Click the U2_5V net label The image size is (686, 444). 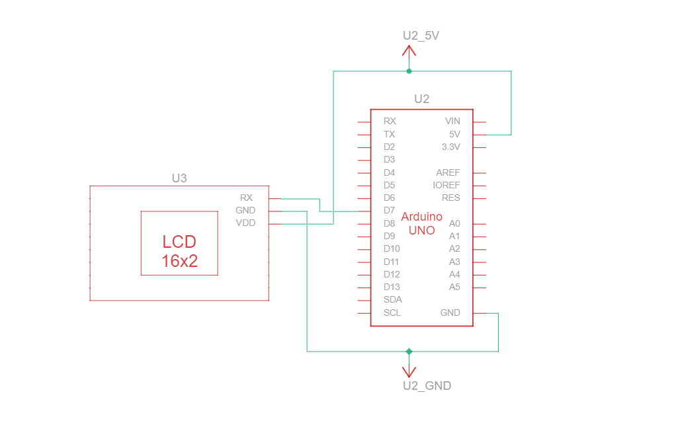tap(421, 36)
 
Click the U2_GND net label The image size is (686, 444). tap(427, 386)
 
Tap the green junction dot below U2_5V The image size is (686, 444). tap(409, 71)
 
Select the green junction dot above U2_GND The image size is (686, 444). tap(409, 351)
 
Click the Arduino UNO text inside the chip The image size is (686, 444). tap(421, 223)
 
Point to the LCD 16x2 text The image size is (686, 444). tap(179, 251)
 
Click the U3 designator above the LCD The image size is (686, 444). tap(179, 178)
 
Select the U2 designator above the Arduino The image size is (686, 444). tap(421, 99)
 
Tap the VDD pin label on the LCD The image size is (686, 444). tap(245, 223)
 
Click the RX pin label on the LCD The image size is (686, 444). tap(246, 198)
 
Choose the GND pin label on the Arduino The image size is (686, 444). tap(450, 313)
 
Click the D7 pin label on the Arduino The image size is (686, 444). tap(389, 211)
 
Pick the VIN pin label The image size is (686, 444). tap(452, 121)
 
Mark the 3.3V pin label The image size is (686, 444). tap(450, 147)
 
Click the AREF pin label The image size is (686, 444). tap(448, 172)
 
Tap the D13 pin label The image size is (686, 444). tap(392, 287)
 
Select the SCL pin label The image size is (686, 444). tap(392, 313)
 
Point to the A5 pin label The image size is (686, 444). tap(454, 287)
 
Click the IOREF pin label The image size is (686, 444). tap(446, 185)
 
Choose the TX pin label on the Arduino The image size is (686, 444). tap(389, 134)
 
